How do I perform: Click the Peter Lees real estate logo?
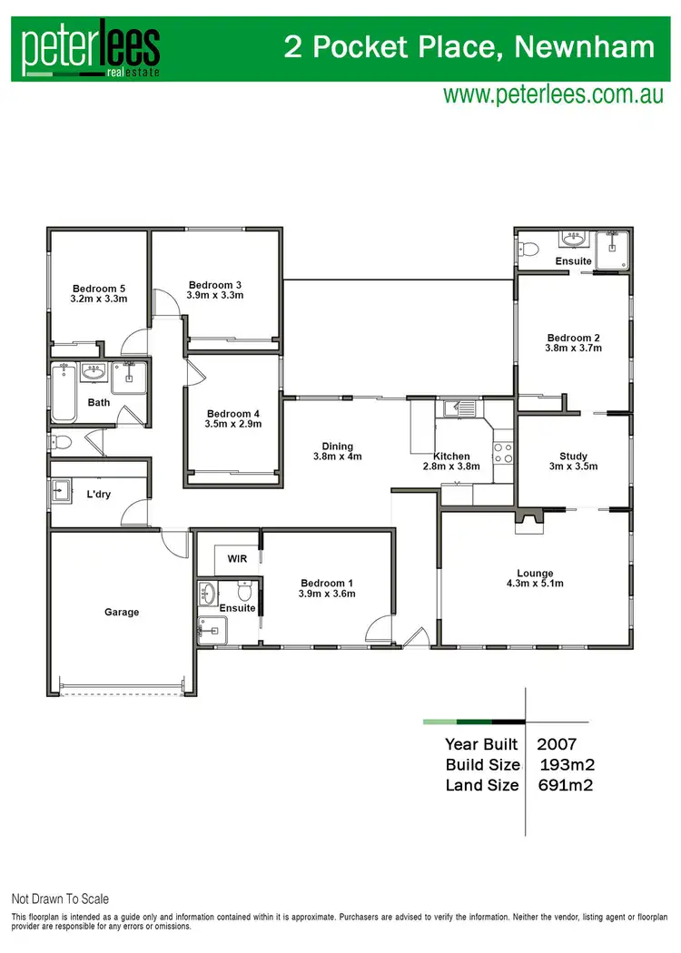92,51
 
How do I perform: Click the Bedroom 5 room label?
99,289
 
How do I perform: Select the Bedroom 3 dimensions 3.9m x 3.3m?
214,295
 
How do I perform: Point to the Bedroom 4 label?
233,413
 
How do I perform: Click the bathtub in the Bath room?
63,392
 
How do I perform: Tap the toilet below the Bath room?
62,443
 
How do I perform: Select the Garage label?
122,613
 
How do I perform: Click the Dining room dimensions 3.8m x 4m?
341,457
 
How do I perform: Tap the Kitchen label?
451,457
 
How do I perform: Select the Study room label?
573,457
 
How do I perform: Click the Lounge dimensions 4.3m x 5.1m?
535,583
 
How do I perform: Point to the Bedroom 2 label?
573,338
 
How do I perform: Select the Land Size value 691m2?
568,785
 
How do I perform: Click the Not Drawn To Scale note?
60,899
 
